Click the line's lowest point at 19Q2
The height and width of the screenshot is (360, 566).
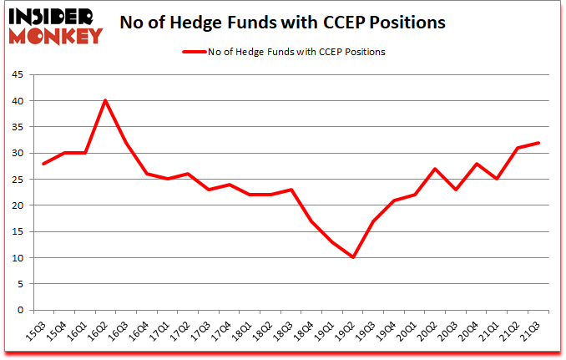352,257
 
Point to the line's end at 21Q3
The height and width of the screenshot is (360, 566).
538,142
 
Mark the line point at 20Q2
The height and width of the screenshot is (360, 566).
435,169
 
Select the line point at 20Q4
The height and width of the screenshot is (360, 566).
476,164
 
